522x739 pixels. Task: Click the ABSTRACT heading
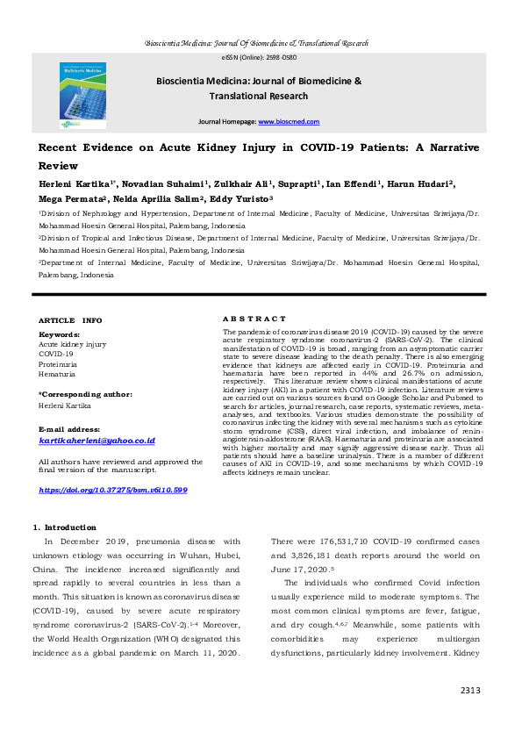click(254, 318)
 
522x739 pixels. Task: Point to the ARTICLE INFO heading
click(70, 320)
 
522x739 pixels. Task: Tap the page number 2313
click(470, 691)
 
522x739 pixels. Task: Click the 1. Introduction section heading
click(65, 527)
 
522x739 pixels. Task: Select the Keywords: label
click(59, 334)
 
